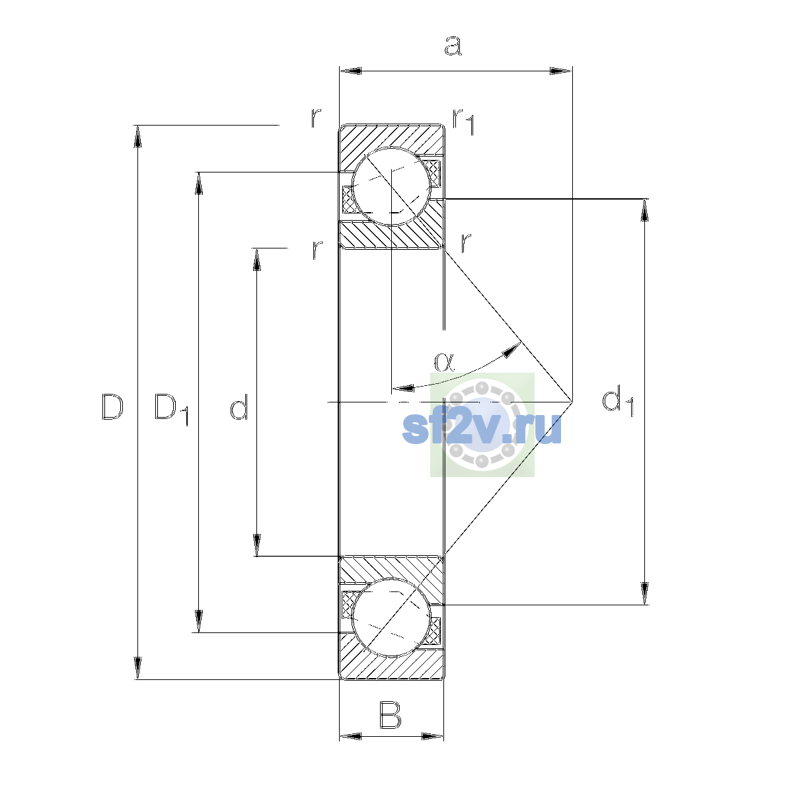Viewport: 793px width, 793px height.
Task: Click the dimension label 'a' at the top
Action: pyautogui.click(x=453, y=46)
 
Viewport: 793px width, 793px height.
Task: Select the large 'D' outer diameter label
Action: pyautogui.click(x=112, y=407)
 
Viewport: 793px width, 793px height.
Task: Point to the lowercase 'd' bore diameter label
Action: pyautogui.click(x=239, y=406)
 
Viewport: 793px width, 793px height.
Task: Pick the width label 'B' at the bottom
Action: pyautogui.click(x=390, y=716)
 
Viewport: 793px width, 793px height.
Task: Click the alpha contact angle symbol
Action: pyautogui.click(x=444, y=362)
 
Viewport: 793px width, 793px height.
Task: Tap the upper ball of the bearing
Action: pyautogui.click(x=391, y=186)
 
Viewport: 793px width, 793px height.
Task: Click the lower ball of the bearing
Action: pyautogui.click(x=391, y=617)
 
